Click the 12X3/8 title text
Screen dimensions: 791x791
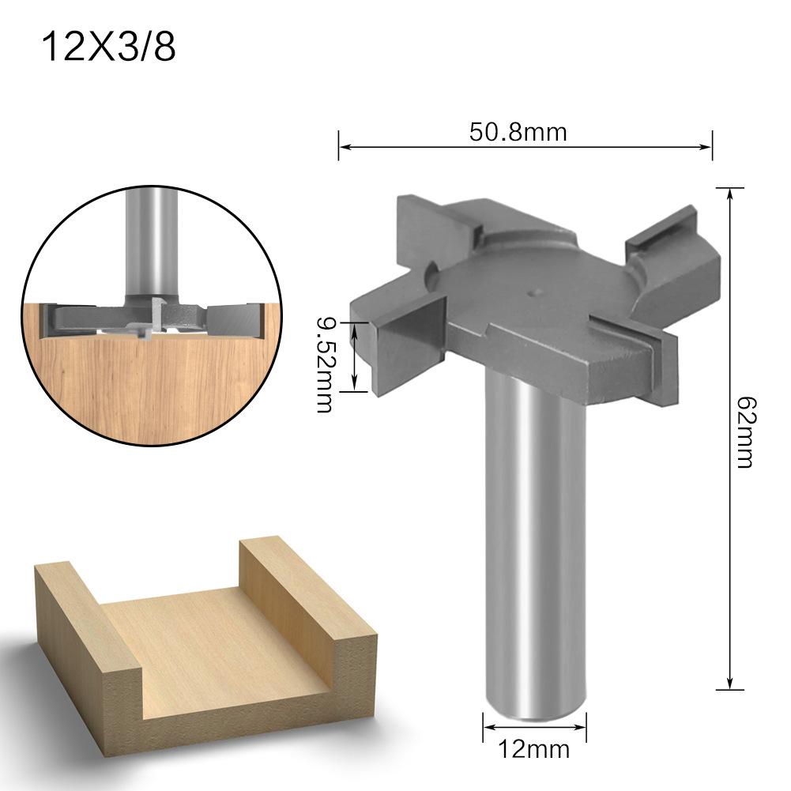click(107, 47)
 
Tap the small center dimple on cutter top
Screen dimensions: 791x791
click(534, 292)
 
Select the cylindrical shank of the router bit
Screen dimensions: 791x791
click(535, 553)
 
